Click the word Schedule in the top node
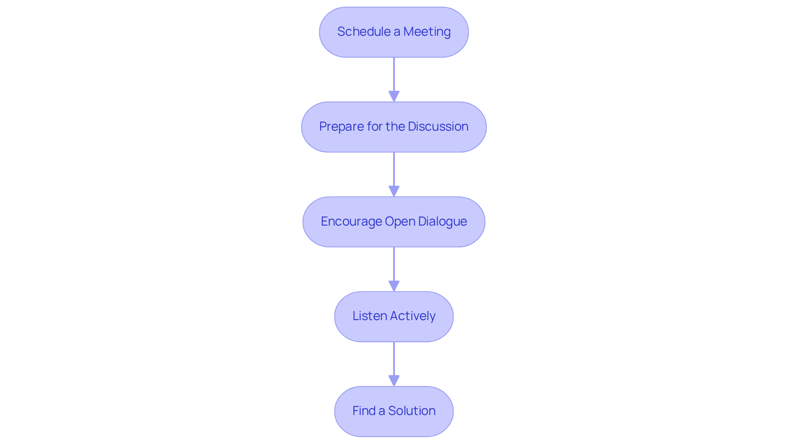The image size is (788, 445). [364, 32]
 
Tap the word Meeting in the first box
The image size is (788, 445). [427, 32]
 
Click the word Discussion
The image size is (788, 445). [438, 127]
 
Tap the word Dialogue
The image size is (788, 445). [442, 221]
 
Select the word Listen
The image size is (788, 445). [369, 316]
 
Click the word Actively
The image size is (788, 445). [412, 316]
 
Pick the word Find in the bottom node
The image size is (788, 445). [364, 411]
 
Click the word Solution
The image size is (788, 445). [412, 411]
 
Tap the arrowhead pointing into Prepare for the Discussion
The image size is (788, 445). [394, 97]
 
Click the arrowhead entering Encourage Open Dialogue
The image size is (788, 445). [394, 191]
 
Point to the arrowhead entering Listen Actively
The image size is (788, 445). [394, 286]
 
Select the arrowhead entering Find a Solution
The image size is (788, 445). [394, 381]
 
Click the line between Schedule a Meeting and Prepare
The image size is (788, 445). [394, 74]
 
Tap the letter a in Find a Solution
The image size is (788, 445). [382, 411]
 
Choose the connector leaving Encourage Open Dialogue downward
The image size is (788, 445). [394, 263]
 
